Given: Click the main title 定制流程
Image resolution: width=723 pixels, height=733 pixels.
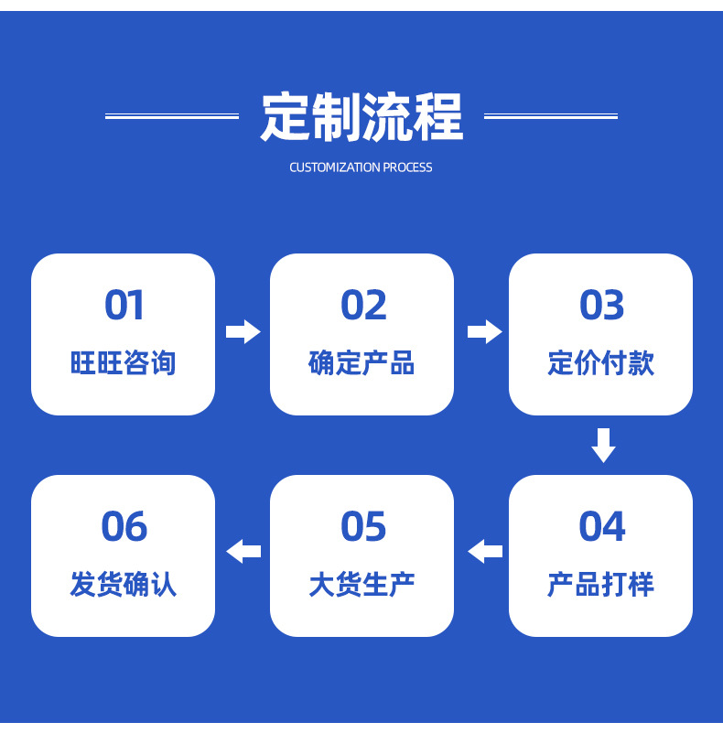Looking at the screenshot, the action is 361,116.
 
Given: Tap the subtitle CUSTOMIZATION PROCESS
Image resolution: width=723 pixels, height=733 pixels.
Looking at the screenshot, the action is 361,167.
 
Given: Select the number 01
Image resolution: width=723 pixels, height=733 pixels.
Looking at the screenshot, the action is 124,306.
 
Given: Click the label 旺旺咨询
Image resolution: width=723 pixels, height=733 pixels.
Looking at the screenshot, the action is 123,363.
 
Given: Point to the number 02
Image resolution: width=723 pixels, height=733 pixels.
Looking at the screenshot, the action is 363,306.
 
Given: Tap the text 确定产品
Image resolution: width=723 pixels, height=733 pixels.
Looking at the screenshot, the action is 361,363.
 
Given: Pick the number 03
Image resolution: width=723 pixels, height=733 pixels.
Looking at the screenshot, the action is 601,306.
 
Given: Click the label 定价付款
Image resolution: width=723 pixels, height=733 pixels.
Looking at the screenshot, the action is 600,363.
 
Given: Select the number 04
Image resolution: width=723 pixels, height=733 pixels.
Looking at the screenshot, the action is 601,527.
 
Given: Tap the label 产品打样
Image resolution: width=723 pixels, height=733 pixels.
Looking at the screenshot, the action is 600,585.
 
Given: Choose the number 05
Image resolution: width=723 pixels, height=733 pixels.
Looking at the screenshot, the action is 363,527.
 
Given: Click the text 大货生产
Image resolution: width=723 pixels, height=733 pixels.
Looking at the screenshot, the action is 361,585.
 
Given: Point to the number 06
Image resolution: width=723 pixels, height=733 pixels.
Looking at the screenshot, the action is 124,527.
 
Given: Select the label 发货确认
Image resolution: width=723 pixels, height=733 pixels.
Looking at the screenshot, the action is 123,585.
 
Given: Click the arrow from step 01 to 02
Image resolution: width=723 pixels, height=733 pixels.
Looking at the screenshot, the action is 243,331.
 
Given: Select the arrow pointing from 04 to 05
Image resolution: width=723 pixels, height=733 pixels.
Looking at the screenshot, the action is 485,552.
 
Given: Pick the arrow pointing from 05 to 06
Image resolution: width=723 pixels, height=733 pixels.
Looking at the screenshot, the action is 243,552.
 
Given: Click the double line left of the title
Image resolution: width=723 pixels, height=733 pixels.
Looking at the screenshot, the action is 171,116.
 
